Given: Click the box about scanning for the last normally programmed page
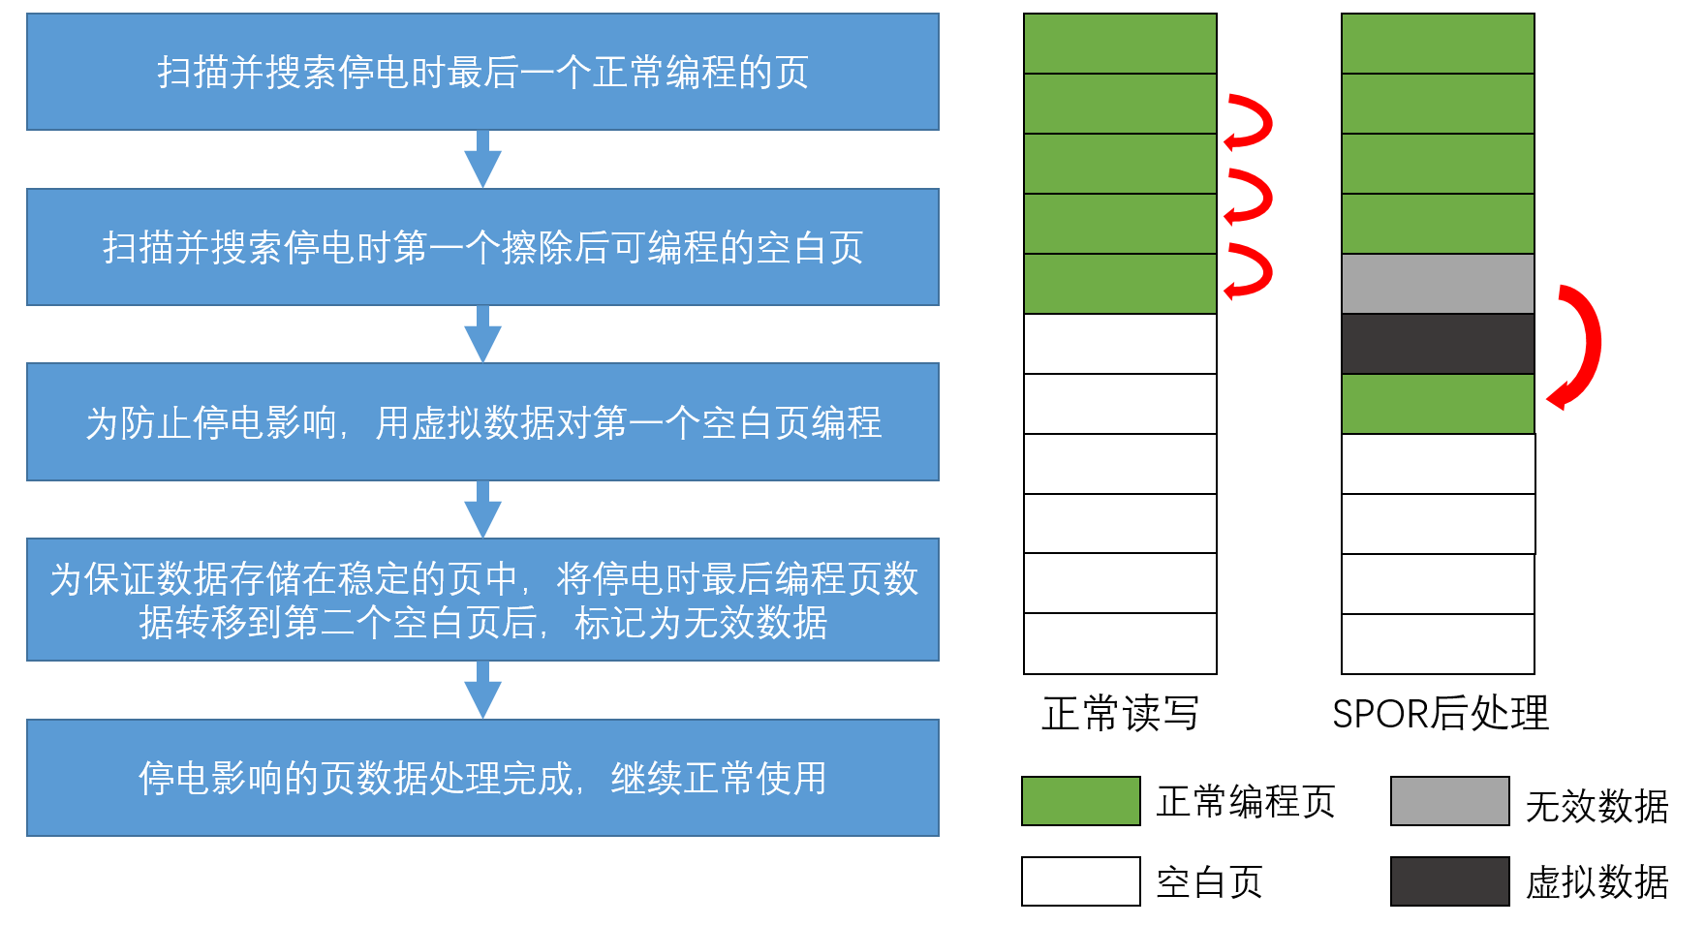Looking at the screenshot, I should pos(482,72).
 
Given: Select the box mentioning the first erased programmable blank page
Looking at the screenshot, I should pos(482,247).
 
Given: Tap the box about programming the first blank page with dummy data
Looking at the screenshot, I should pos(482,422).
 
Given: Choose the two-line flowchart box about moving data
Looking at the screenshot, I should pos(482,600).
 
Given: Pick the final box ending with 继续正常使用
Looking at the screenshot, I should pos(482,778).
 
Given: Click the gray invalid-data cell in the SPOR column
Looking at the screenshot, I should pos(1438,284).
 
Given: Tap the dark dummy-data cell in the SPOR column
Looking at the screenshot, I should pos(1438,344).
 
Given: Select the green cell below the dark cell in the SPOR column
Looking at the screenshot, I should pos(1438,404).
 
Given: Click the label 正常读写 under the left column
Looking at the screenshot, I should pos(1120,714).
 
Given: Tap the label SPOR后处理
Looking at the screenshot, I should pos(1441,714).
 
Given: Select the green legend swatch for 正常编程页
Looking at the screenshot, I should pos(1080,801).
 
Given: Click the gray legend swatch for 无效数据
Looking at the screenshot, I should pos(1449,801).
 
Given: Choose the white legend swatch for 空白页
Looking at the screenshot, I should pos(1080,881).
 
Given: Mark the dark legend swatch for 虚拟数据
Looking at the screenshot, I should pos(1449,881).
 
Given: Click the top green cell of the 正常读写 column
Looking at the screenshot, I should pos(1120,44).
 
